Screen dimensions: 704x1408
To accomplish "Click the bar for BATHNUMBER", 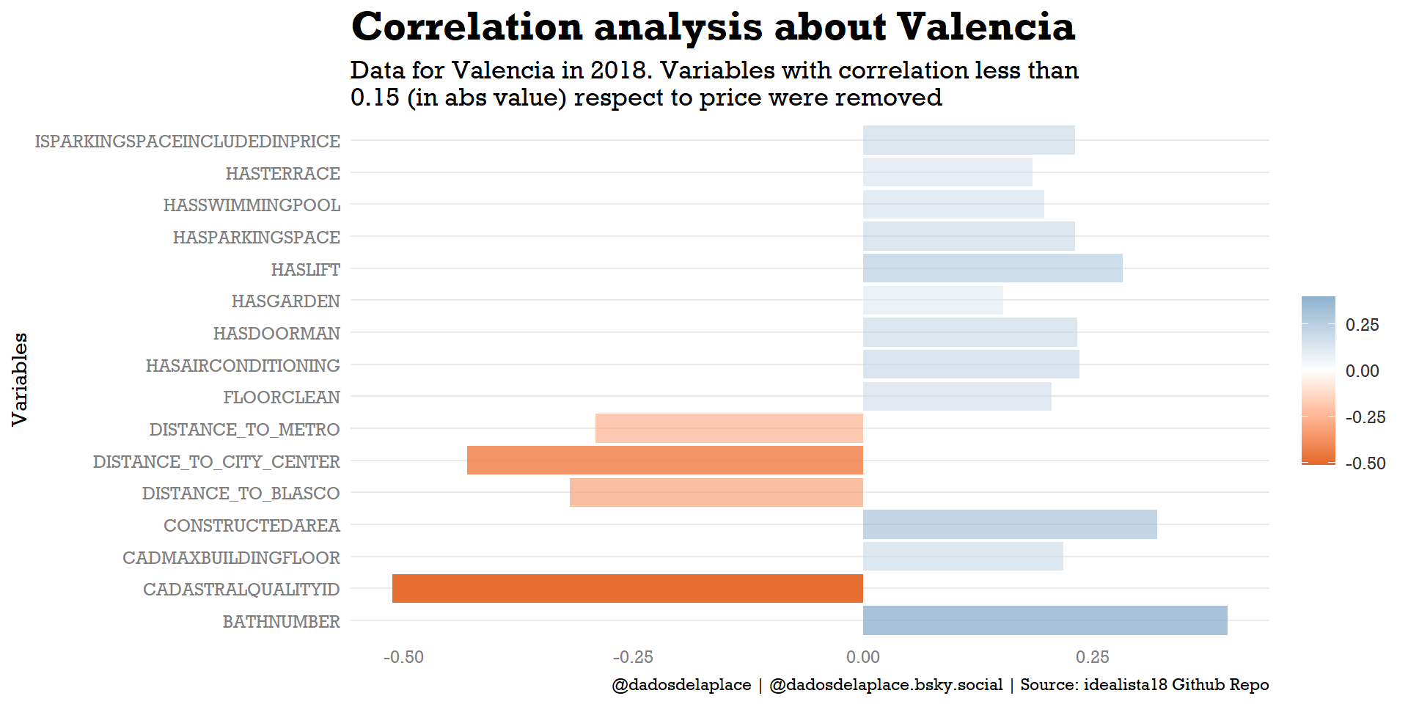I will coord(1044,620).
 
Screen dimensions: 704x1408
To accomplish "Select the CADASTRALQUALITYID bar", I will coord(627,588).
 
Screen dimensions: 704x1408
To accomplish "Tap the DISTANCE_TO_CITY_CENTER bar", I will coord(664,461).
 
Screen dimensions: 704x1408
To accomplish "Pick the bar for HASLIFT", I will coord(992,268).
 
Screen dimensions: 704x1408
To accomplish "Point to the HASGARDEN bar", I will coord(933,301).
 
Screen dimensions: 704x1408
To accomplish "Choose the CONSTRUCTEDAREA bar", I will coord(1010,524).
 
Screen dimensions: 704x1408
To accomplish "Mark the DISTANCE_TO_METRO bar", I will coord(729,428).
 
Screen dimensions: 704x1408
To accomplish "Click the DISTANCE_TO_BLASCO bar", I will coord(716,492).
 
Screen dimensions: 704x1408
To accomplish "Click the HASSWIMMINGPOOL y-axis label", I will coord(252,205).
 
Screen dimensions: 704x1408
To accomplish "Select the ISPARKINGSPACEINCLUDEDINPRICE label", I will coord(187,142).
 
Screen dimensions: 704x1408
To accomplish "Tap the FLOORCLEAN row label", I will coord(282,397).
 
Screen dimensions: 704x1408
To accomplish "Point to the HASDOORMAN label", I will coord(276,334).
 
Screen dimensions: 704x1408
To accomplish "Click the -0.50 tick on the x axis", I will coord(403,657).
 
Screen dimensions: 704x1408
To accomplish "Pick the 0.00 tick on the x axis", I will coord(862,657).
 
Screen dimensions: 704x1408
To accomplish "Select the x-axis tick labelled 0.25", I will coord(1093,657).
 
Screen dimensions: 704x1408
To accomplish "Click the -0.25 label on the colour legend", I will coord(1365,417).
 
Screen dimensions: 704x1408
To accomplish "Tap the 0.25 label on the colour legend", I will coord(1362,325).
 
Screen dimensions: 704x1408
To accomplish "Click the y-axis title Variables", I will coord(20,379).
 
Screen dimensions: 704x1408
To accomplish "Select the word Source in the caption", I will coord(1049,685).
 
